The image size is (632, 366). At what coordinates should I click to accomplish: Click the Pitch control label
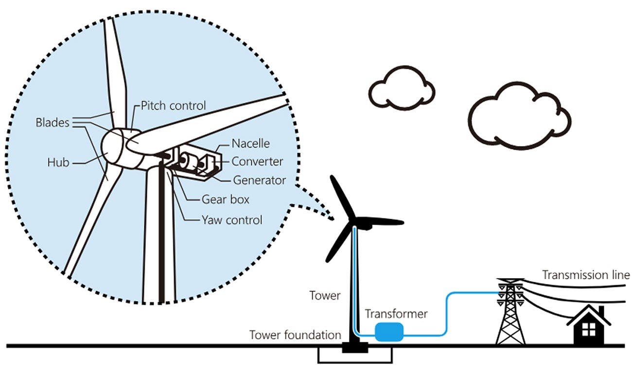click(x=174, y=105)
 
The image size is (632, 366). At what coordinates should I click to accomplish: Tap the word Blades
click(x=52, y=123)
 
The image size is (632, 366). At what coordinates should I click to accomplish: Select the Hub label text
click(x=58, y=163)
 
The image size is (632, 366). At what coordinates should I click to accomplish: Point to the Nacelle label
click(x=250, y=144)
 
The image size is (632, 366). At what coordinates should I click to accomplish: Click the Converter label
click(x=257, y=161)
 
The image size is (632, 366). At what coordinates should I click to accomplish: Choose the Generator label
click(x=260, y=180)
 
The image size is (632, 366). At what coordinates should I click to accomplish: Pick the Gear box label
click(x=225, y=199)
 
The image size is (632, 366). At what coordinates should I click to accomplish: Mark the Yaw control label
click(x=232, y=220)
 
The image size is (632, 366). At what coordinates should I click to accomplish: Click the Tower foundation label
click(x=295, y=335)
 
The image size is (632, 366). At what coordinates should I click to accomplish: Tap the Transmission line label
click(x=586, y=275)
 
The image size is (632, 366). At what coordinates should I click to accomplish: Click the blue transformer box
click(x=389, y=332)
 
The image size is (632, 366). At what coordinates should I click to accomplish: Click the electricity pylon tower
click(x=510, y=313)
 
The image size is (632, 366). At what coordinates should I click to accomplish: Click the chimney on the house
click(x=601, y=311)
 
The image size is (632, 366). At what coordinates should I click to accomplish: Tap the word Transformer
click(x=396, y=314)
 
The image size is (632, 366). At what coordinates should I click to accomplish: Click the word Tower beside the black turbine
click(x=325, y=295)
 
